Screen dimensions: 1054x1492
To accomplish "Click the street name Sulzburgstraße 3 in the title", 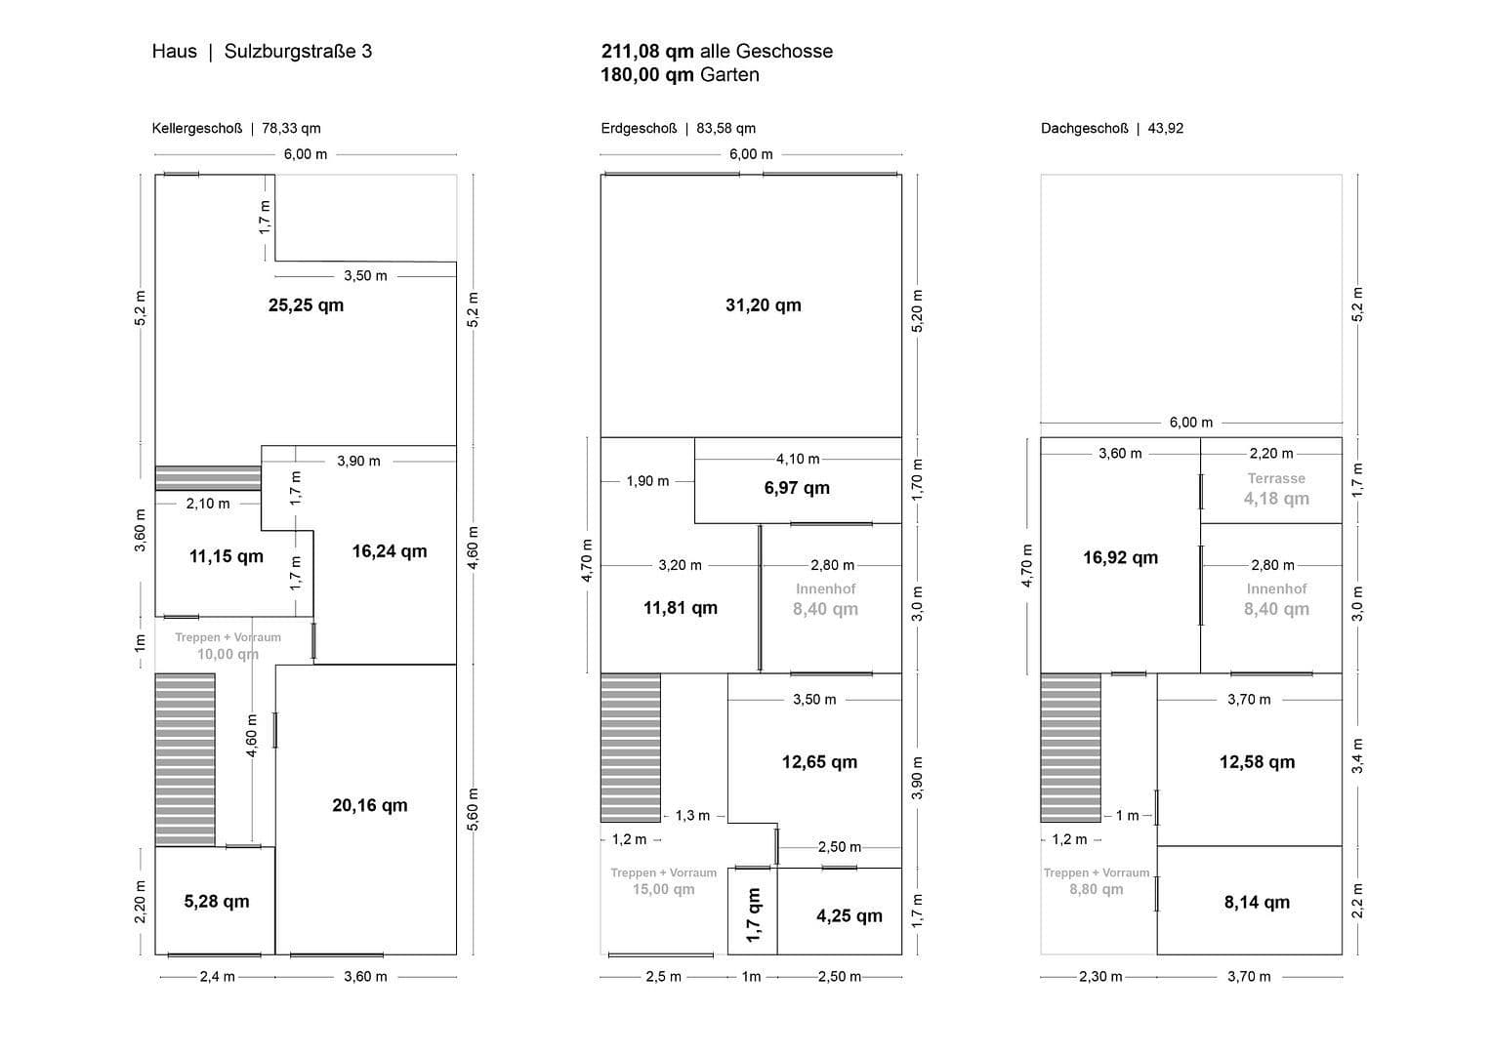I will [298, 52].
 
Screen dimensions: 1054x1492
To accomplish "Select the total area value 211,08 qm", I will [647, 52].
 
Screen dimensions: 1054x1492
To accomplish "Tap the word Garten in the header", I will [728, 75].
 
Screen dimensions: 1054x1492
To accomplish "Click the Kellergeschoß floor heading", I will [196, 128].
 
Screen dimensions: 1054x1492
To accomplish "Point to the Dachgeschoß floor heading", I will [1084, 128].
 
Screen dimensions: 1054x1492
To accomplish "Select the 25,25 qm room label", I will [306, 305].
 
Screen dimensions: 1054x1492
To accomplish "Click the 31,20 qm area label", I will [763, 305].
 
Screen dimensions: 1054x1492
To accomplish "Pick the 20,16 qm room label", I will [369, 806].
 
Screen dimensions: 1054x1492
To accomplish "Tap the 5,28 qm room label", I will [216, 902].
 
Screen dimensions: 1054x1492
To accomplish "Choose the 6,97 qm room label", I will [797, 488].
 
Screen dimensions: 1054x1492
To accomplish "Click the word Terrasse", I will [1276, 478].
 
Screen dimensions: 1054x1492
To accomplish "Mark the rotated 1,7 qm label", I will [753, 914].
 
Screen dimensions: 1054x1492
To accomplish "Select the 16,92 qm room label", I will [1120, 558].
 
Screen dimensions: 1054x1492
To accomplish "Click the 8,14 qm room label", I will [1257, 903].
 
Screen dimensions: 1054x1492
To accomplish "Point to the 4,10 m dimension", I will [798, 459].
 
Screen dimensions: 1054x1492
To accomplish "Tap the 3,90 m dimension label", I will [358, 461].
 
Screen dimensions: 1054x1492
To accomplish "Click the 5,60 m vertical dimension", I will [474, 809].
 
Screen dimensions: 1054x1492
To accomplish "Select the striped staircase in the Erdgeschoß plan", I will [630, 747].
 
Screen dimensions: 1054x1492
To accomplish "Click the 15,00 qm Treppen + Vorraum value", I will [663, 889].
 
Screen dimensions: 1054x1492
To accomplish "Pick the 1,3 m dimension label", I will [692, 816].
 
